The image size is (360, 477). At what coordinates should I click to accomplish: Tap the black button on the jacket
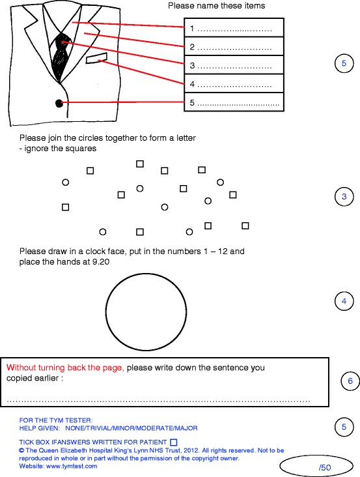click(59, 102)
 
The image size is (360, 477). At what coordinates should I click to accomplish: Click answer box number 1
click(234, 28)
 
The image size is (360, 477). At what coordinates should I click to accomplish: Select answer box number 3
click(234, 66)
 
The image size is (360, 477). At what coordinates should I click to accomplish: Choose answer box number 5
click(234, 103)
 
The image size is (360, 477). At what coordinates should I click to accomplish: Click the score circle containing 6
click(350, 381)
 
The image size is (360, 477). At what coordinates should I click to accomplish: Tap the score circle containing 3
click(344, 197)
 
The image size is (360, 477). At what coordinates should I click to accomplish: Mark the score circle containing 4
click(344, 301)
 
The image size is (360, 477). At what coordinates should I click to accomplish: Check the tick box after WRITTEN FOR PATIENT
click(173, 442)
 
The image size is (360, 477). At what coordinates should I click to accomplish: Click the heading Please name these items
click(216, 6)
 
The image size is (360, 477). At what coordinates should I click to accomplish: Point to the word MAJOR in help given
click(186, 428)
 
